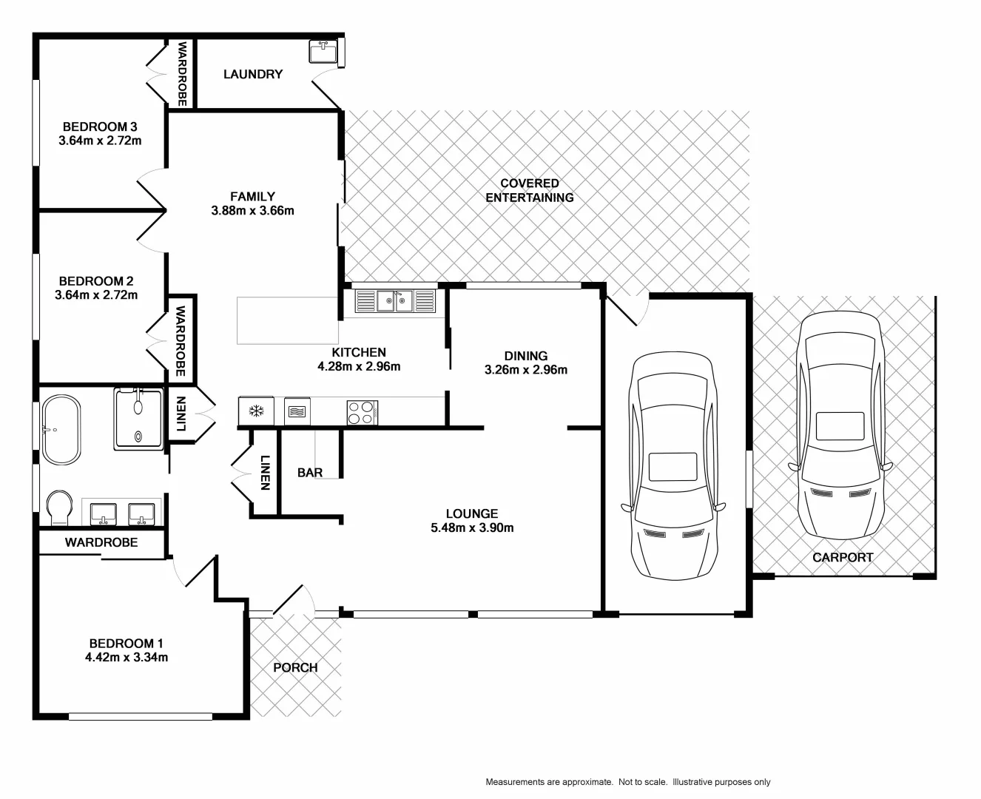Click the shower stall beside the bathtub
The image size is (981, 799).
(x=138, y=418)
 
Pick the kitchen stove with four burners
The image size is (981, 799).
(x=362, y=412)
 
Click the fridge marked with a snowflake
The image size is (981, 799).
(x=256, y=411)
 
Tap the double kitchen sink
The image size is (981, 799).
(x=394, y=301)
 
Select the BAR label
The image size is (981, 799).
(x=309, y=473)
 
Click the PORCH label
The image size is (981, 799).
(x=295, y=667)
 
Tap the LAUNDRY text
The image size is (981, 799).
(x=253, y=74)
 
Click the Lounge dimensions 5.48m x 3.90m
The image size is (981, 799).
(x=471, y=527)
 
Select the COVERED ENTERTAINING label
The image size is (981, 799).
(x=529, y=190)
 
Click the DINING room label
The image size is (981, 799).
(x=525, y=356)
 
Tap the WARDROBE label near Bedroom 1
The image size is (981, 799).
(x=101, y=542)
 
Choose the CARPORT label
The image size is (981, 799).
(x=843, y=558)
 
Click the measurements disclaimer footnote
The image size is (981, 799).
(x=627, y=782)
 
